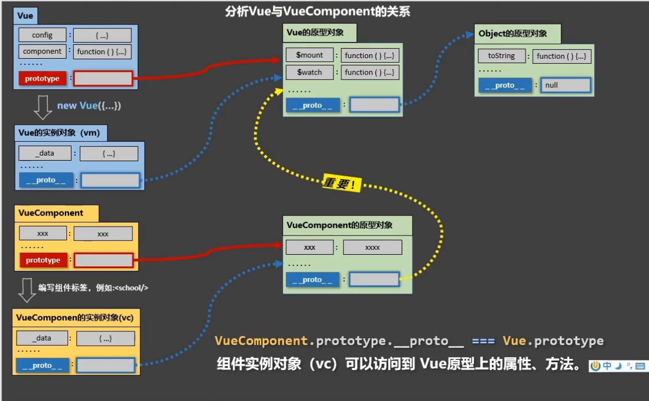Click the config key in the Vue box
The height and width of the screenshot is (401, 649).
click(42, 35)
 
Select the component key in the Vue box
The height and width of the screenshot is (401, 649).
click(42, 52)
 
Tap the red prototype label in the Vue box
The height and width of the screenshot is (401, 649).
click(42, 78)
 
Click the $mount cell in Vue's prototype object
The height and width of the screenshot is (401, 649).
click(310, 55)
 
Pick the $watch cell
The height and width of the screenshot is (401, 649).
click(310, 72)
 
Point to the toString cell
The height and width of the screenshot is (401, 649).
click(502, 55)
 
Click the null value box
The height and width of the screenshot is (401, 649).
click(565, 85)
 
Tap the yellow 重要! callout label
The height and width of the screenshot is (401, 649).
click(342, 182)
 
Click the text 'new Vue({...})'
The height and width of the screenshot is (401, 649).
click(89, 106)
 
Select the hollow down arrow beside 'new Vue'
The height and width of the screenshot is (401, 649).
click(43, 107)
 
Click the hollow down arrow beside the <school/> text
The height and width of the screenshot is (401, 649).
click(27, 290)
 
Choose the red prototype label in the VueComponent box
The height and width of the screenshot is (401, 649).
click(43, 260)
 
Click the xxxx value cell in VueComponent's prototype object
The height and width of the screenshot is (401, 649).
click(373, 248)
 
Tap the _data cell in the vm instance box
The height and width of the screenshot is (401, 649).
click(45, 153)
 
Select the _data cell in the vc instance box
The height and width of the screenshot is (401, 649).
click(42, 338)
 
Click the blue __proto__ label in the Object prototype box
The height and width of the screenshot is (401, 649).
click(505, 85)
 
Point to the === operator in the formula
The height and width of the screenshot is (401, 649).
click(483, 341)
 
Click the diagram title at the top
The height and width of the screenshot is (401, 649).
click(318, 11)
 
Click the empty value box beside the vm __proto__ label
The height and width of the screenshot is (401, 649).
click(110, 180)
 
